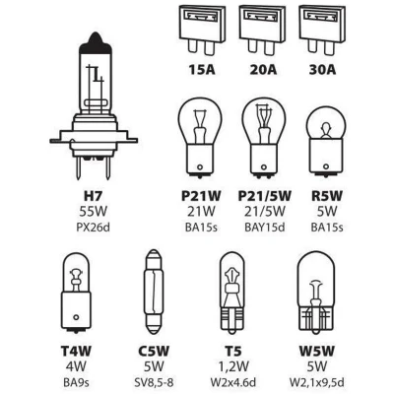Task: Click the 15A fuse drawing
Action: coord(202,30)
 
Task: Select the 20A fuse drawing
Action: coord(262,30)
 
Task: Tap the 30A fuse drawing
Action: coord(322,30)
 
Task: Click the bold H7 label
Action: coord(94,196)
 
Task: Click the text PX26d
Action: coord(94,228)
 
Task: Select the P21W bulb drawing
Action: coord(200,141)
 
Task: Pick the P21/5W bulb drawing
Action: coord(263,141)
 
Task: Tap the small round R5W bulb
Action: coord(326,141)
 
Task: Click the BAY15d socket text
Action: coord(265,228)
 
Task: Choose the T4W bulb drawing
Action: coord(76,292)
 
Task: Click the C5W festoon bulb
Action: coord(154,293)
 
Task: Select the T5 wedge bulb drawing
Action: coord(232,293)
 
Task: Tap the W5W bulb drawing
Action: coord(315,293)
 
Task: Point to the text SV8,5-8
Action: coord(154,382)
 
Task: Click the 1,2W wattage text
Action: coord(233,366)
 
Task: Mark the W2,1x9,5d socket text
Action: coord(317,382)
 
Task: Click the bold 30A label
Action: coord(322,70)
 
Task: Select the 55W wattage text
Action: coord(94,212)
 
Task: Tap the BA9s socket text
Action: coord(76,382)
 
